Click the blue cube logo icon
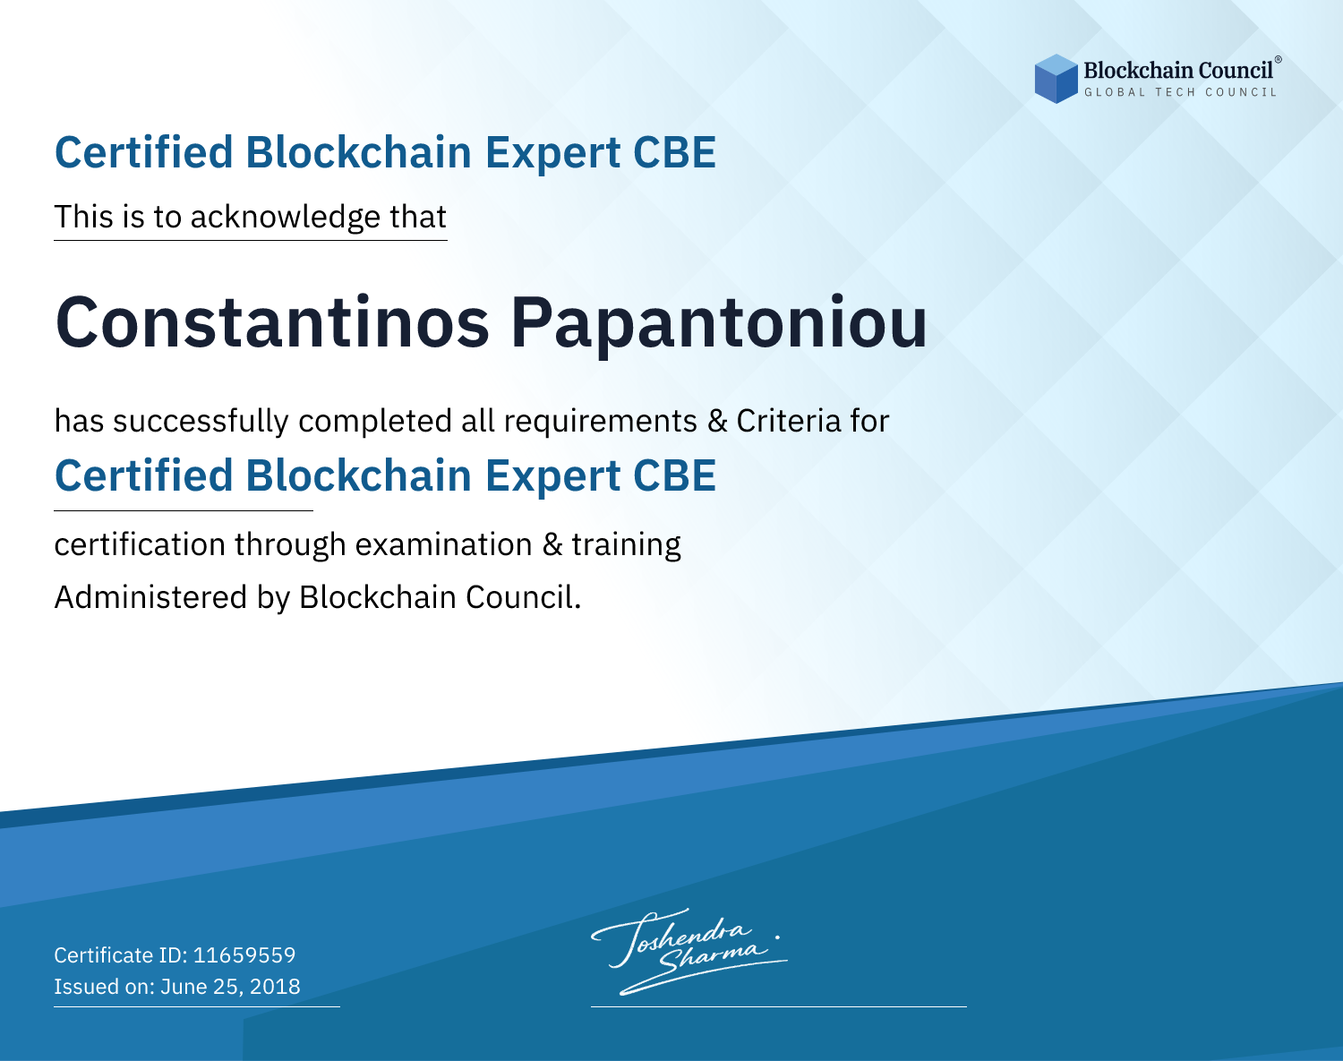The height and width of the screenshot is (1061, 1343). [x=1056, y=79]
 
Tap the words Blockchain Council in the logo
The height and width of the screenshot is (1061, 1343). [x=1177, y=71]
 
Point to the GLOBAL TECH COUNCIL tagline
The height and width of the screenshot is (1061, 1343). [x=1180, y=92]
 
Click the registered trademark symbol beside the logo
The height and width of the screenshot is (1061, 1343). [x=1278, y=60]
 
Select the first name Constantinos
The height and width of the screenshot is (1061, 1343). [x=272, y=322]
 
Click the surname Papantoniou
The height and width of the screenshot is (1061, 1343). [x=719, y=327]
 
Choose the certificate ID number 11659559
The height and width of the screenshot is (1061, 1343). [x=244, y=954]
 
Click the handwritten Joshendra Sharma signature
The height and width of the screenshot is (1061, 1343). [x=689, y=951]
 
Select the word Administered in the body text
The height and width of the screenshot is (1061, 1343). [x=150, y=597]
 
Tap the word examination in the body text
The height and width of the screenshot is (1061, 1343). [x=443, y=544]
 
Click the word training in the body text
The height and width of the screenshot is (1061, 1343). [x=626, y=545]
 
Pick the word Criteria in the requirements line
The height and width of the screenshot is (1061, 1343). [x=788, y=421]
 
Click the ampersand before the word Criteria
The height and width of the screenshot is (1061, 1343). [x=718, y=422]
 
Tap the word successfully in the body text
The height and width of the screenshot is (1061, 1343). [x=201, y=422]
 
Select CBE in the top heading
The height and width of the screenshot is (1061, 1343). [x=674, y=152]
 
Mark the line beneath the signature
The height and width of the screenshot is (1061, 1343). [x=778, y=1006]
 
